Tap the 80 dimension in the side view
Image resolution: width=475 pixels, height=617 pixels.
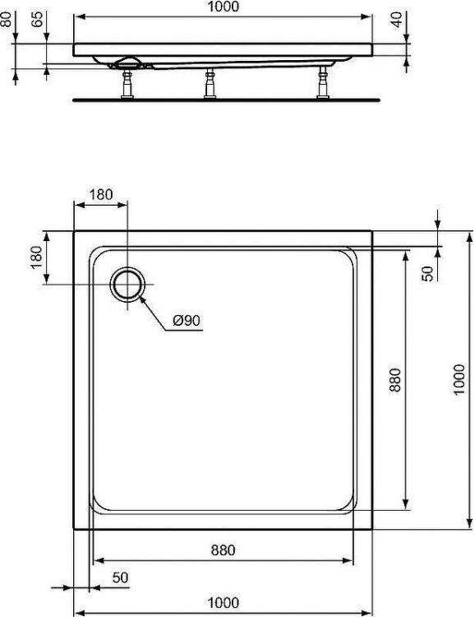click(x=9, y=19)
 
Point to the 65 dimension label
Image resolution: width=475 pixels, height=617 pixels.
click(x=37, y=21)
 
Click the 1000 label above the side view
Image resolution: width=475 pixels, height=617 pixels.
click(x=223, y=7)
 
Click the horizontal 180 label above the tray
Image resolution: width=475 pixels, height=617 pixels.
click(x=100, y=196)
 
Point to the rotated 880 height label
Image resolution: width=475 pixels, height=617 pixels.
click(x=394, y=379)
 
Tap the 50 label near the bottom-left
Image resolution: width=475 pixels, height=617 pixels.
click(x=120, y=578)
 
